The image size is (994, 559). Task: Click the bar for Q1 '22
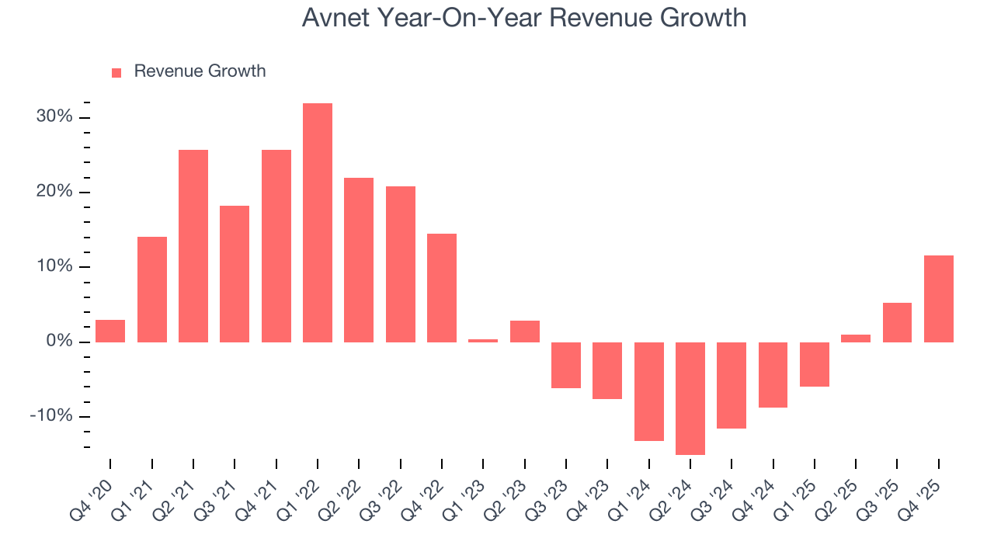tap(318, 223)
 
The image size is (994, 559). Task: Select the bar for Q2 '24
tap(690, 398)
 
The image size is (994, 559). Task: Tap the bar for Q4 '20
tap(110, 331)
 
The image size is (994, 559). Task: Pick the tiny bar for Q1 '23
tap(483, 340)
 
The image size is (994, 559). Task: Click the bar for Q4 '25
tap(939, 299)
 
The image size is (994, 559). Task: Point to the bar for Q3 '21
tap(235, 274)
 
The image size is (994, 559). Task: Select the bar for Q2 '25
tap(856, 338)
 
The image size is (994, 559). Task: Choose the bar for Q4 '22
tap(442, 288)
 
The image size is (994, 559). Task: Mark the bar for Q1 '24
tap(649, 391)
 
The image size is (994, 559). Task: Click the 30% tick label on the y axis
tap(54, 117)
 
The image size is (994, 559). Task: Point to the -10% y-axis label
tap(51, 416)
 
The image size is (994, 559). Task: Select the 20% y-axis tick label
tap(54, 192)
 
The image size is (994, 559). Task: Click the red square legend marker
tap(116, 73)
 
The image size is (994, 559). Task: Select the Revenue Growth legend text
tap(200, 71)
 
